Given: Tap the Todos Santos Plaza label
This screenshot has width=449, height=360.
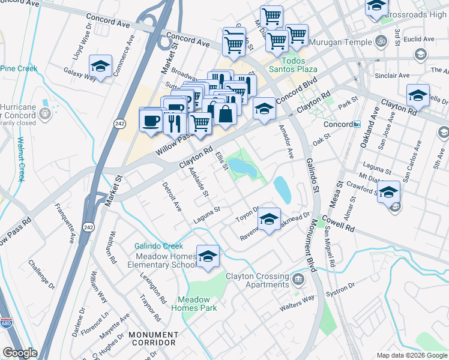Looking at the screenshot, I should point(294,67).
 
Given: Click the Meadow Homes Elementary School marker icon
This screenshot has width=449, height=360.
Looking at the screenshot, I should point(208,256).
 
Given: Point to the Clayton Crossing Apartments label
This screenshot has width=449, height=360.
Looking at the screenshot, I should point(257,280).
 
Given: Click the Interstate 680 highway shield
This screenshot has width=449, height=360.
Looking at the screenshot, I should point(5,322).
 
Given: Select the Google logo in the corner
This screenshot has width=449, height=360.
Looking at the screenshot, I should point(20,353).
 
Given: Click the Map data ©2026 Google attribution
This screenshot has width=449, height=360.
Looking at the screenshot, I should point(411,355).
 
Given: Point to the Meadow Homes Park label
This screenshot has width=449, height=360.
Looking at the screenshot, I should point(193,304).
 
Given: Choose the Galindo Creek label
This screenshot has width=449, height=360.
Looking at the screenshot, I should point(158,246).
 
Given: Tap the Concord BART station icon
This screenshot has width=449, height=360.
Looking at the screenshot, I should point(357,124).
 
